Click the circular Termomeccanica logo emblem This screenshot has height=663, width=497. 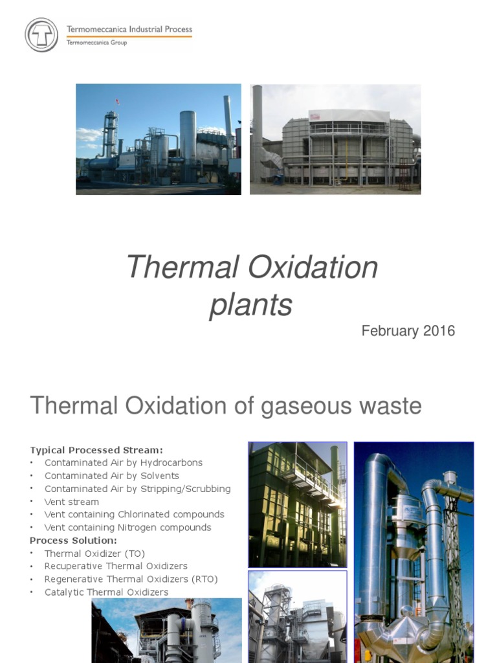tap(41, 35)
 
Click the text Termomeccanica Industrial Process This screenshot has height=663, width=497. tap(129, 29)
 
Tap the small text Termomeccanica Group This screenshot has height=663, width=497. tap(97, 43)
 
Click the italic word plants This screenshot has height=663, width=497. tap(251, 304)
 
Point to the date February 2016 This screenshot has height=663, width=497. tap(408, 331)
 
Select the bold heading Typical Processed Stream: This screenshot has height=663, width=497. tap(96, 450)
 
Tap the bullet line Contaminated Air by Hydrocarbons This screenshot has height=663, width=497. tap(124, 463)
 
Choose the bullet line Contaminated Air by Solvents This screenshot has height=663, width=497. tap(112, 476)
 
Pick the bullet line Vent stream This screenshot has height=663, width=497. tap(72, 502)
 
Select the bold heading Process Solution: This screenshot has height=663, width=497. tap(73, 540)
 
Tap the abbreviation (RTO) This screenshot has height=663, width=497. tap(204, 579)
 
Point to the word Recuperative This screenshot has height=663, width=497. tap(74, 567)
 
